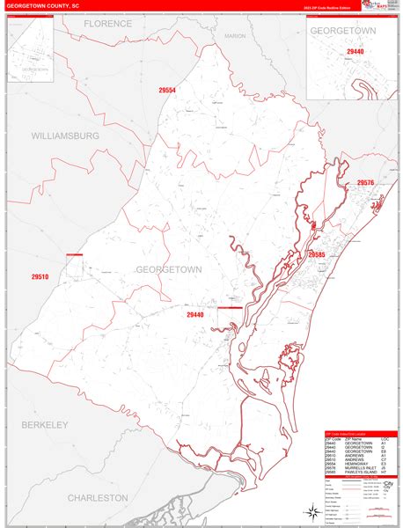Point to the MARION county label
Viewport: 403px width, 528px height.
click(x=235, y=36)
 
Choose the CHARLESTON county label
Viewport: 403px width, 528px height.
click(x=99, y=497)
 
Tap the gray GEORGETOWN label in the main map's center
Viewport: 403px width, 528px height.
click(x=168, y=268)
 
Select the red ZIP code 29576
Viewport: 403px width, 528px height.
click(x=366, y=183)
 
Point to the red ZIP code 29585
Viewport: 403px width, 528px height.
click(x=318, y=253)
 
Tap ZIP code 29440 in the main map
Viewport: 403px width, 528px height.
click(x=195, y=314)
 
